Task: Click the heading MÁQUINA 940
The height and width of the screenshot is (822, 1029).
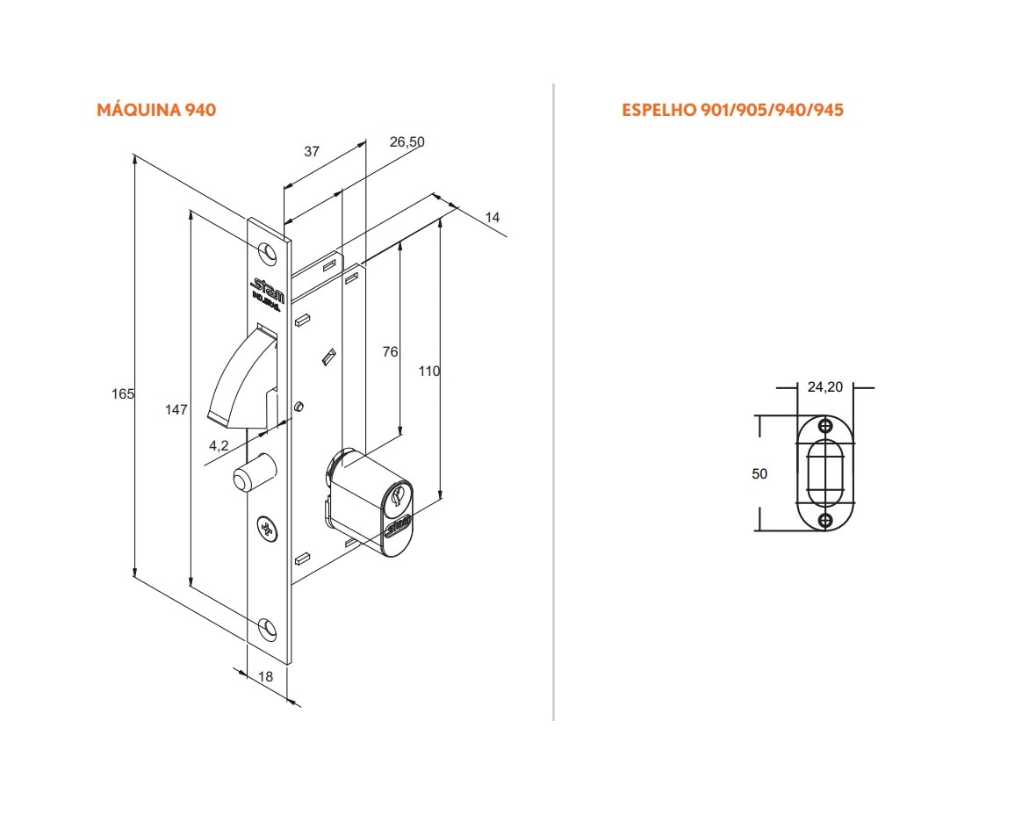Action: click(x=155, y=110)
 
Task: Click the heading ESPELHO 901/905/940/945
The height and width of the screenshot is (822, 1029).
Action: click(x=732, y=110)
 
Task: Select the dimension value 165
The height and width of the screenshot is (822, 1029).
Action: click(x=124, y=394)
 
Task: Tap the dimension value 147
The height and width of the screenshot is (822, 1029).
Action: click(x=176, y=409)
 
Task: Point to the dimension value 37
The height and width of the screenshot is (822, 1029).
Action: click(x=312, y=151)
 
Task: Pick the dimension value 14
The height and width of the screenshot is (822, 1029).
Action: click(x=492, y=217)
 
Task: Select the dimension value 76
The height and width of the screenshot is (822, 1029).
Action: click(x=390, y=352)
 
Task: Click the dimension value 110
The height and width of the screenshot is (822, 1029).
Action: click(x=428, y=371)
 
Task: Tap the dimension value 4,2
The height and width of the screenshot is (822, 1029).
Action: click(x=219, y=445)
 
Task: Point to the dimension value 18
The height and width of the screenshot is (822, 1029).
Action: click(x=267, y=676)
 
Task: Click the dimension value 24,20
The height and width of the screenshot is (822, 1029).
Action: click(x=824, y=386)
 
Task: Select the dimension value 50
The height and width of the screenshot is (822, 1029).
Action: click(x=759, y=473)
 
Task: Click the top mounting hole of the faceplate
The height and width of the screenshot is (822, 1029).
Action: click(x=269, y=253)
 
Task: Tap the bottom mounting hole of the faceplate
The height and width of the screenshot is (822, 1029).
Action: click(x=269, y=627)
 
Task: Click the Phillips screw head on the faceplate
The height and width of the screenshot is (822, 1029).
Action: click(x=266, y=528)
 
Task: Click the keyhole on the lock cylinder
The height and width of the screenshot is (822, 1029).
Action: click(x=396, y=496)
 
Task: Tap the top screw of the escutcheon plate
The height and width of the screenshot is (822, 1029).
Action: click(x=825, y=426)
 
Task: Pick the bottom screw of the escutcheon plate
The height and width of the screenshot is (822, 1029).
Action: click(x=825, y=521)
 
